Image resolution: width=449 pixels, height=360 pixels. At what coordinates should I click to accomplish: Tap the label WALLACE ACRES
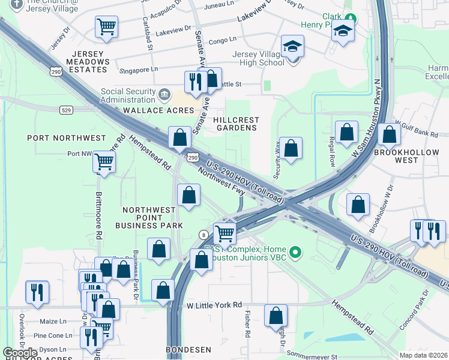152,111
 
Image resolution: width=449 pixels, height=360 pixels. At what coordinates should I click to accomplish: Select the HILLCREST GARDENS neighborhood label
236,124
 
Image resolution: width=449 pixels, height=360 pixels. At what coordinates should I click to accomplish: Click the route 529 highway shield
67,110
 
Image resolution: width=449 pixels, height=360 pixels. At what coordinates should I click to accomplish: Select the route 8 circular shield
204,235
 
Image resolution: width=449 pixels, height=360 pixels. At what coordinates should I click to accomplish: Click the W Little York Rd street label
214,305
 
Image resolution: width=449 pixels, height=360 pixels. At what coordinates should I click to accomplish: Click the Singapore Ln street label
139,70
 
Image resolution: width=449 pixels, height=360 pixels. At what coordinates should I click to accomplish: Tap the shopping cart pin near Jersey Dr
106,26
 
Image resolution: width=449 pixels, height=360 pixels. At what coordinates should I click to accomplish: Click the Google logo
20,353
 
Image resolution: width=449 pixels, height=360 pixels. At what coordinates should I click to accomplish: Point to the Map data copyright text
423,355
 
